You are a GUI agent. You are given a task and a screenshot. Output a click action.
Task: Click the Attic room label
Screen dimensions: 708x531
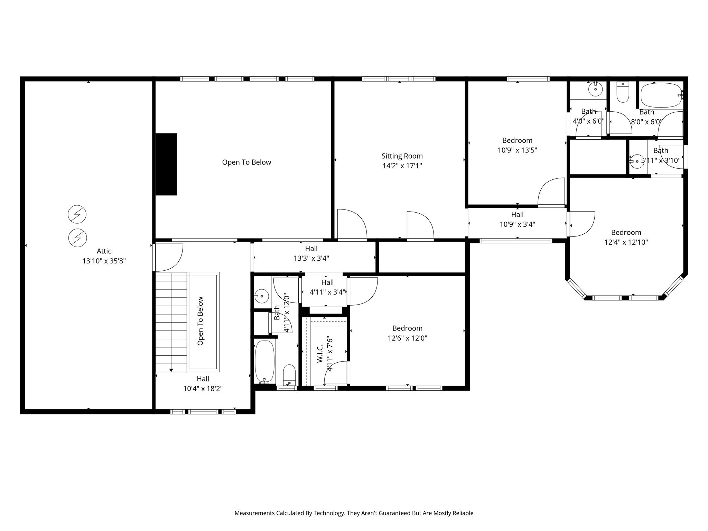104,251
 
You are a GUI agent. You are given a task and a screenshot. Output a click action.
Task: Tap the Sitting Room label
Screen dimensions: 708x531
402,156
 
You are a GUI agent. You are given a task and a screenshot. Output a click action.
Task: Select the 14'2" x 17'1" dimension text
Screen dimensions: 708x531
402,166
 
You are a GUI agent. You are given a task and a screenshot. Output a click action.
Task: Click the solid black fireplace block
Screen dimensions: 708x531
166,164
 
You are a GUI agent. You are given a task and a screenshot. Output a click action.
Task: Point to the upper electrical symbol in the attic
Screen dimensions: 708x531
77,214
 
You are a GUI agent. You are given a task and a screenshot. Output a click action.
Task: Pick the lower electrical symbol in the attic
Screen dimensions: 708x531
77,238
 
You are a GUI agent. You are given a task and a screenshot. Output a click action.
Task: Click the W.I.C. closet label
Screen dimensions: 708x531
320,353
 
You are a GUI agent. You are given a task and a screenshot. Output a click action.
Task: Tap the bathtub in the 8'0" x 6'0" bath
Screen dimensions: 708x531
661,95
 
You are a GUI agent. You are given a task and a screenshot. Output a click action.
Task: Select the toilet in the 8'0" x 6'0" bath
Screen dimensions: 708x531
623,92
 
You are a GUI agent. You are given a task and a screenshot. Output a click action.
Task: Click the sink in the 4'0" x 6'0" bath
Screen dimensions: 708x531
595,89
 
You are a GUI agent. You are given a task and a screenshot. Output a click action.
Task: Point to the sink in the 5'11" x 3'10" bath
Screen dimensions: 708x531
636,161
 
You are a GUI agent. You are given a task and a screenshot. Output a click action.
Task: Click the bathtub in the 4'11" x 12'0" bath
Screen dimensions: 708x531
264,361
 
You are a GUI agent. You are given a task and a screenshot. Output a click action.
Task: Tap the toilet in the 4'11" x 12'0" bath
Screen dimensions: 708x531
289,375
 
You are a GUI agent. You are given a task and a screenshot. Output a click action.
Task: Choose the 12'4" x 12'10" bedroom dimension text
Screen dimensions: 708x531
626,242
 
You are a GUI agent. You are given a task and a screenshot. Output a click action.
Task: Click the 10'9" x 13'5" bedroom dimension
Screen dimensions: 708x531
518,150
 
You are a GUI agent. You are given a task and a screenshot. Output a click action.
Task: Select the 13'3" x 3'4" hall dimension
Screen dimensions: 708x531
311,258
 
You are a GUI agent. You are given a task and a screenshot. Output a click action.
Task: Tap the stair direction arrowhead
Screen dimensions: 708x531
171,370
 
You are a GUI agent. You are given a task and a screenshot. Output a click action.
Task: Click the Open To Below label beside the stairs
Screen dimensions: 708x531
201,321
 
